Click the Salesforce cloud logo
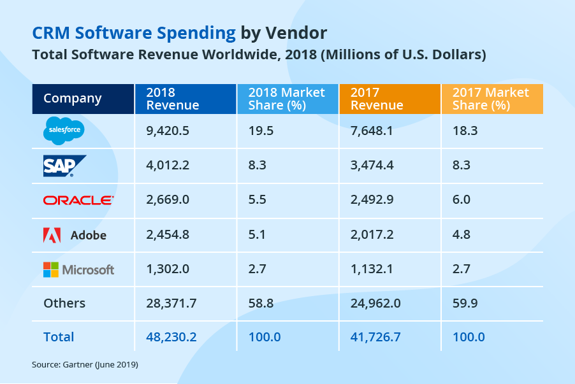tap(63, 131)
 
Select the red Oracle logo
tap(78, 200)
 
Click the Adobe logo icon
tap(52, 235)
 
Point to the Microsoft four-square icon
tap(50, 269)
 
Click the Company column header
tap(72, 99)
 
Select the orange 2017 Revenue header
tap(377, 99)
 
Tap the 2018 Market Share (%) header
tap(286, 99)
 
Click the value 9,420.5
tap(168, 131)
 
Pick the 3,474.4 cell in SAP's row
tap(372, 166)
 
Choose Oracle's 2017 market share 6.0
tap(461, 200)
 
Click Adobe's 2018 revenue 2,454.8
tap(168, 235)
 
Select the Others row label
tap(64, 303)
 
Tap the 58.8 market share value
tap(261, 303)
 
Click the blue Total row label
tap(59, 337)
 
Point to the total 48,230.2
tap(171, 337)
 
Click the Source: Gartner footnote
tap(85, 365)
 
